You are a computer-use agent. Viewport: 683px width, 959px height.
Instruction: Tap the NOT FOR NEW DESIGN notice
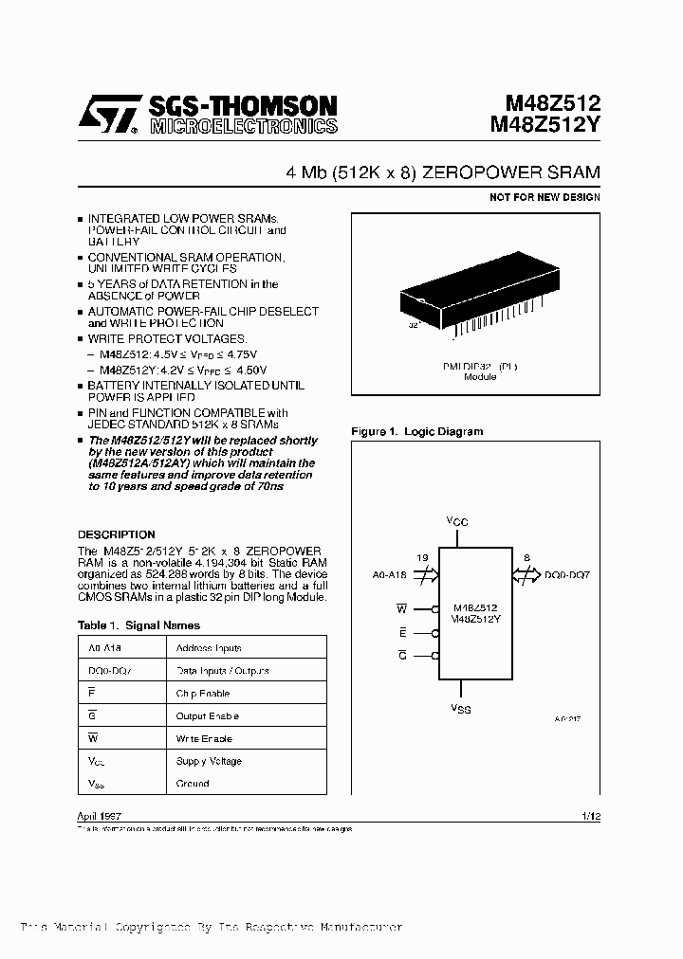click(545, 197)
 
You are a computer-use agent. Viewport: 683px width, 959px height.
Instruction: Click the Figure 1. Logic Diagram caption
click(416, 431)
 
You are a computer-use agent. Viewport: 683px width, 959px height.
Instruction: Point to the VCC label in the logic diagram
click(457, 521)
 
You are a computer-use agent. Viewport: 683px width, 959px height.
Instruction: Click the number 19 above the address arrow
click(422, 558)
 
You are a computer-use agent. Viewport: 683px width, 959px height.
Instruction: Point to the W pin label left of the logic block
click(401, 608)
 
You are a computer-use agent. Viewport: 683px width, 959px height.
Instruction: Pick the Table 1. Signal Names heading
click(138, 625)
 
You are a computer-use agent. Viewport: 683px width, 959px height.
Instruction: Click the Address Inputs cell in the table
click(209, 648)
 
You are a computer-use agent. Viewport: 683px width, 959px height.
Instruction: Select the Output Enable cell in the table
click(208, 716)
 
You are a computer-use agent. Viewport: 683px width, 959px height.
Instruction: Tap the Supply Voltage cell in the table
click(209, 761)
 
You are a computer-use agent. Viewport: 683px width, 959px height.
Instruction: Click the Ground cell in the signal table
click(193, 784)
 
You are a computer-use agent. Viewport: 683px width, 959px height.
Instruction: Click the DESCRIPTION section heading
click(116, 534)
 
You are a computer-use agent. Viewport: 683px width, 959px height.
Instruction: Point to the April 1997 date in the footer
click(99, 816)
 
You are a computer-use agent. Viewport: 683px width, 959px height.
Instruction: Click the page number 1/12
click(589, 816)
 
